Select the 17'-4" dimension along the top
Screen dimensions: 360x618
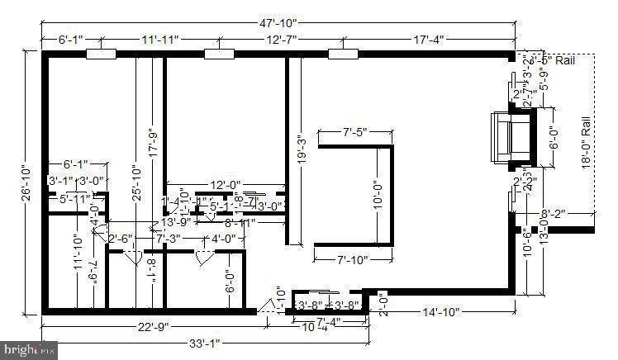(430, 39)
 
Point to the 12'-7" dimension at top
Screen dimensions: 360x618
(283, 39)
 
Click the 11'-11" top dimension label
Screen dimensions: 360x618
(159, 39)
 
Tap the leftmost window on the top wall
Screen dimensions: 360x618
(100, 54)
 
